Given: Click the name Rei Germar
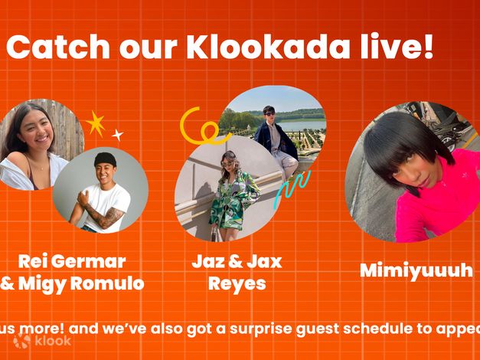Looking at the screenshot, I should point(72,261).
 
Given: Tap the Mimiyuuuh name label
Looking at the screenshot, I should point(416,270).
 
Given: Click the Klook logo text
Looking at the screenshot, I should point(52,341).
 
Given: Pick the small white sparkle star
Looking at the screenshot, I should point(117,135).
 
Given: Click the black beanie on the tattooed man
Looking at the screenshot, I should point(105,159).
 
